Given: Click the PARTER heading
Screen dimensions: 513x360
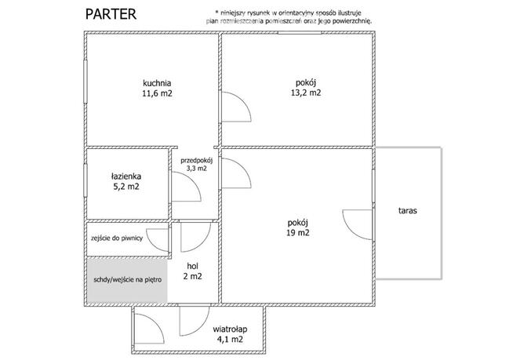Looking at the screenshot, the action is tap(111, 14).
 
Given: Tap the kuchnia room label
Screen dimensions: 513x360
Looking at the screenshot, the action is tap(157, 83).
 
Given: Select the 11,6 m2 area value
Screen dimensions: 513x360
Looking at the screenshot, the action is tap(157, 93).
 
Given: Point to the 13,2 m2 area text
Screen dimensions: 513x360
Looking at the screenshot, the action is tap(306, 93).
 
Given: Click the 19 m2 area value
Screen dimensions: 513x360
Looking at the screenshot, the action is tap(298, 233).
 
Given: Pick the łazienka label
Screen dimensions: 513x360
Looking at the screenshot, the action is tap(126, 176).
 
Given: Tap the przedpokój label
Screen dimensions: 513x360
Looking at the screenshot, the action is tap(197, 161).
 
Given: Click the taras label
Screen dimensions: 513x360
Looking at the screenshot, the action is tap(408, 210).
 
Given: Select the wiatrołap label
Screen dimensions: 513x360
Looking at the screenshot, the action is tap(230, 329).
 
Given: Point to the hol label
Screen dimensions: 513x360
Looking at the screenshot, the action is tap(193, 266).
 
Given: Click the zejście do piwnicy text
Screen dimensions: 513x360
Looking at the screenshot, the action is tap(117, 238).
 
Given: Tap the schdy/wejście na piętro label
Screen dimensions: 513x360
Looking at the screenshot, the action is tap(128, 280).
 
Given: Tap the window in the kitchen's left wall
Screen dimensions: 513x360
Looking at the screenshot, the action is tap(85, 82).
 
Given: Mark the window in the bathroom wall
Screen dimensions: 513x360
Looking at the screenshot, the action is tap(85, 180).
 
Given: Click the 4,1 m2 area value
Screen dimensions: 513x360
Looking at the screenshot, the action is tap(230, 340).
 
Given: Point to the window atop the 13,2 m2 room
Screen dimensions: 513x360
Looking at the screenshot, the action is tap(300, 33).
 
